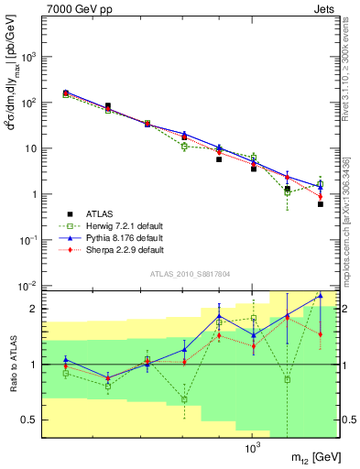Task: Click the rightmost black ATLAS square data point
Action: [320, 204]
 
